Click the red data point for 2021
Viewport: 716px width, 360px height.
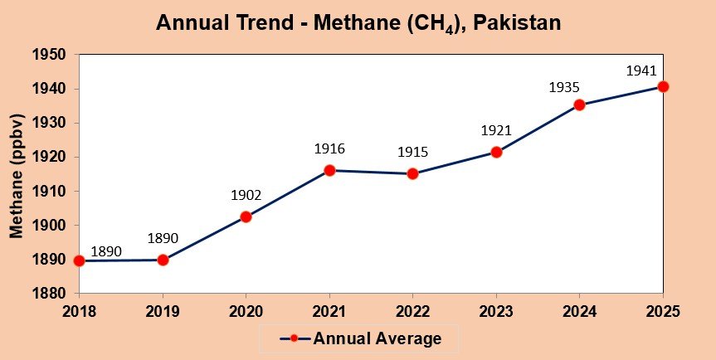coord(329,170)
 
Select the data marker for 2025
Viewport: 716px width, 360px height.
coord(663,86)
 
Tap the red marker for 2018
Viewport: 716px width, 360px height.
coord(79,260)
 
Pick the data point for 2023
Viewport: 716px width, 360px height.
coord(496,152)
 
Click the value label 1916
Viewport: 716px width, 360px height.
coord(329,149)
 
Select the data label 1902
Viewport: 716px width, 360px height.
coord(246,196)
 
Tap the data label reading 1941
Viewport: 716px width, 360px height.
coord(641,71)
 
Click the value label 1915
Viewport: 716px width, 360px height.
coord(412,153)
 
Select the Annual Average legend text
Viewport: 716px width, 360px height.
coord(377,338)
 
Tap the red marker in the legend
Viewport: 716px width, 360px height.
coord(294,338)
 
